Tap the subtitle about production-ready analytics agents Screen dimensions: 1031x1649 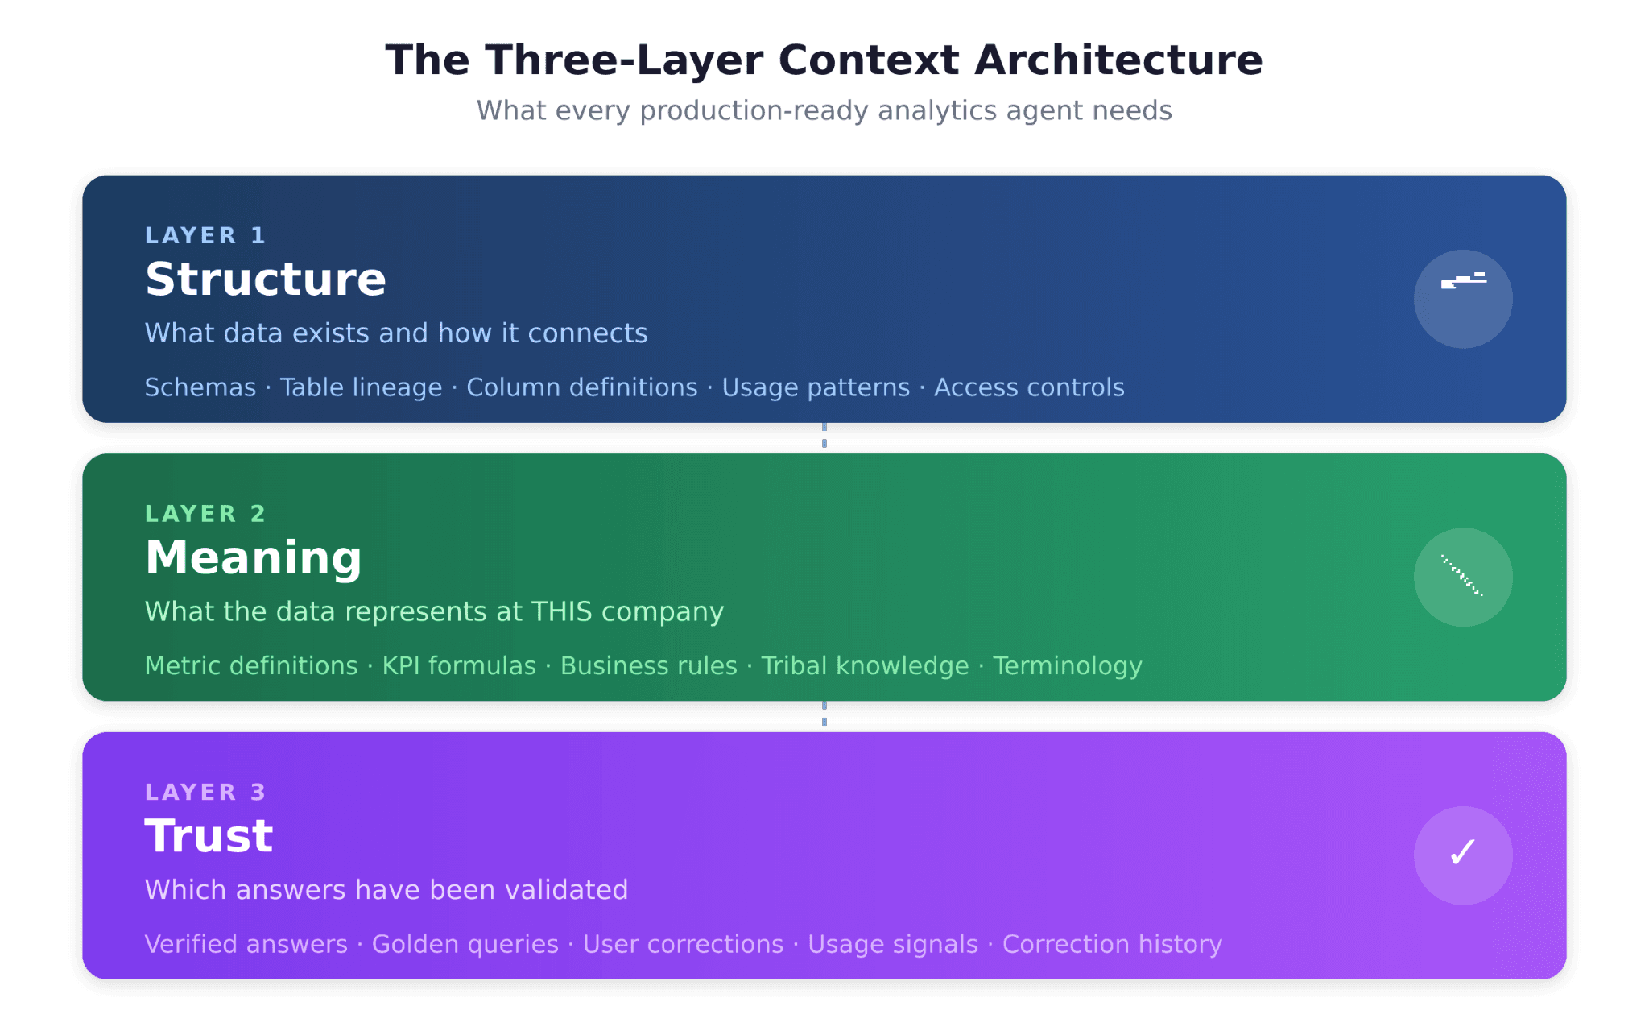click(824, 110)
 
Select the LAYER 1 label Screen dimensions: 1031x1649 click(205, 235)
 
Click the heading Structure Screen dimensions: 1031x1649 click(266, 279)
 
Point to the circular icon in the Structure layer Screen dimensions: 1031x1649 click(1462, 299)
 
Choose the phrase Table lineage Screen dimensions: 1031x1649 click(361, 387)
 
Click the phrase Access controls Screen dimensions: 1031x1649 click(1028, 387)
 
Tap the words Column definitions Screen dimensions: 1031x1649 click(581, 387)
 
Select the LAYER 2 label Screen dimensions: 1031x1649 click(205, 514)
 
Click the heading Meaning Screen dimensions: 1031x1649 click(254, 557)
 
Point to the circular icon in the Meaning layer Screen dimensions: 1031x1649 click(1462, 577)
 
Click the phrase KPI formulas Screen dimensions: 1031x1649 click(459, 666)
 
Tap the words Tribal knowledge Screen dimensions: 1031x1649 click(865, 666)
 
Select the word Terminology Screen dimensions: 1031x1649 click(1067, 666)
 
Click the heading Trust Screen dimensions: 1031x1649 click(209, 836)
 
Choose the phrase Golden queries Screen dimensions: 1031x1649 click(465, 944)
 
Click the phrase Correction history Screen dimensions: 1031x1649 click(1112, 944)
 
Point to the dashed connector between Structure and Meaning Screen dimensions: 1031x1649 click(824, 436)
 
